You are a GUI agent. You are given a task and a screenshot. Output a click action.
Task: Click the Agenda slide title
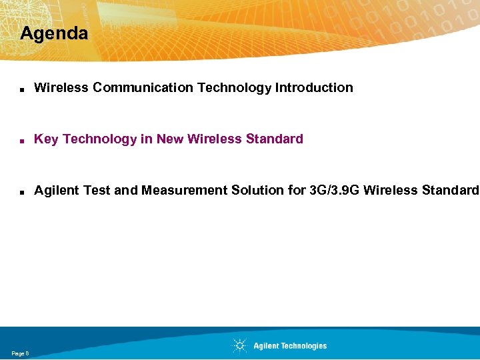[54, 33]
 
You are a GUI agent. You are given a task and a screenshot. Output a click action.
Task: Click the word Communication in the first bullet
[143, 87]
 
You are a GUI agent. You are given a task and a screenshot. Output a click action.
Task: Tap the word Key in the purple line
[46, 139]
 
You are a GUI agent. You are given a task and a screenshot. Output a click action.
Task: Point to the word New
[170, 139]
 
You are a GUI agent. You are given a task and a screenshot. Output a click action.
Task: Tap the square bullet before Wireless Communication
[22, 89]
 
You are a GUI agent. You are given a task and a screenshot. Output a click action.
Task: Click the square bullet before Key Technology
[22, 140]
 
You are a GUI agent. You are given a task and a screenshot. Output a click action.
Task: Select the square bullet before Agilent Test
[22, 192]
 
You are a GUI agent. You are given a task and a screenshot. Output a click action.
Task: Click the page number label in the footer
[20, 353]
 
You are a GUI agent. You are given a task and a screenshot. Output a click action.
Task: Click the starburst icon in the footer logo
[239, 345]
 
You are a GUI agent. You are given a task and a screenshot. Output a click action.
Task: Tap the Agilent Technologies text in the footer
[290, 346]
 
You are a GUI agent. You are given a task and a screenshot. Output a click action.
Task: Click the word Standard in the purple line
[275, 139]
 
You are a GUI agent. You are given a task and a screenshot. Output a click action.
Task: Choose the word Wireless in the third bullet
[395, 191]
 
